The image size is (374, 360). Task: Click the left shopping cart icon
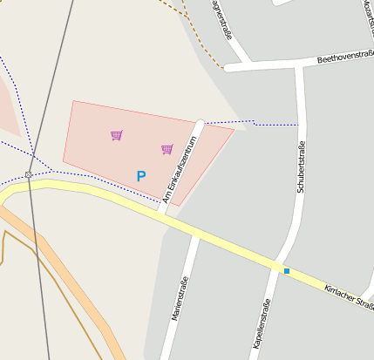pyautogui.click(x=116, y=135)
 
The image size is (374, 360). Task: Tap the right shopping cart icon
pyautogui.click(x=167, y=149)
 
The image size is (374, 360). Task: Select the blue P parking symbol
pyautogui.click(x=140, y=176)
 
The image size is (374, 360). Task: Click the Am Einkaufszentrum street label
pyautogui.click(x=180, y=170)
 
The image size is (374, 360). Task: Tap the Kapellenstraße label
pyautogui.click(x=260, y=324)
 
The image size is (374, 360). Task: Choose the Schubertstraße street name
pyautogui.click(x=301, y=166)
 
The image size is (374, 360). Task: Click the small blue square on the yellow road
pyautogui.click(x=286, y=271)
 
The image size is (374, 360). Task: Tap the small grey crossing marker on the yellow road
pyautogui.click(x=29, y=175)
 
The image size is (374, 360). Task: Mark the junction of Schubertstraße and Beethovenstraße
pyautogui.click(x=299, y=65)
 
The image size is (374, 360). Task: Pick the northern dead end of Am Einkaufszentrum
pyautogui.click(x=201, y=123)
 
